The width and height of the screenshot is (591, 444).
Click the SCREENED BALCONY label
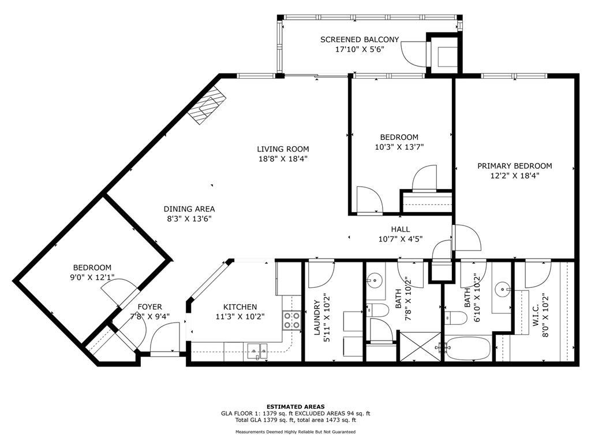click(x=360, y=39)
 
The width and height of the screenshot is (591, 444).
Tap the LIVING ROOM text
click(x=283, y=149)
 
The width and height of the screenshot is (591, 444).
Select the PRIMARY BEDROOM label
click(x=514, y=166)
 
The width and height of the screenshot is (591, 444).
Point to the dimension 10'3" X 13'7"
click(x=395, y=147)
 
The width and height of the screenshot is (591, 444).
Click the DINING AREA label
click(x=189, y=209)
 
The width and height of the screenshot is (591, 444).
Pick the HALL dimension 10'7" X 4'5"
click(x=400, y=239)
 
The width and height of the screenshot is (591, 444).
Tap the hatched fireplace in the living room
click(x=207, y=106)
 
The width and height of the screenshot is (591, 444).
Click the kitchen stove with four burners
click(x=292, y=320)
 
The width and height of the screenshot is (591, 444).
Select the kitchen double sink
click(x=257, y=350)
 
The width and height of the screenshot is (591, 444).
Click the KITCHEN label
click(x=240, y=306)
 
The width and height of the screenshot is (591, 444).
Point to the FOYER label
click(x=149, y=306)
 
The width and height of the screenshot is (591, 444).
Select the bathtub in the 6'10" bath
click(x=467, y=349)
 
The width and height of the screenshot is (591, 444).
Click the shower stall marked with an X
click(x=420, y=346)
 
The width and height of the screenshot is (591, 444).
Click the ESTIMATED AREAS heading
click(x=295, y=406)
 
